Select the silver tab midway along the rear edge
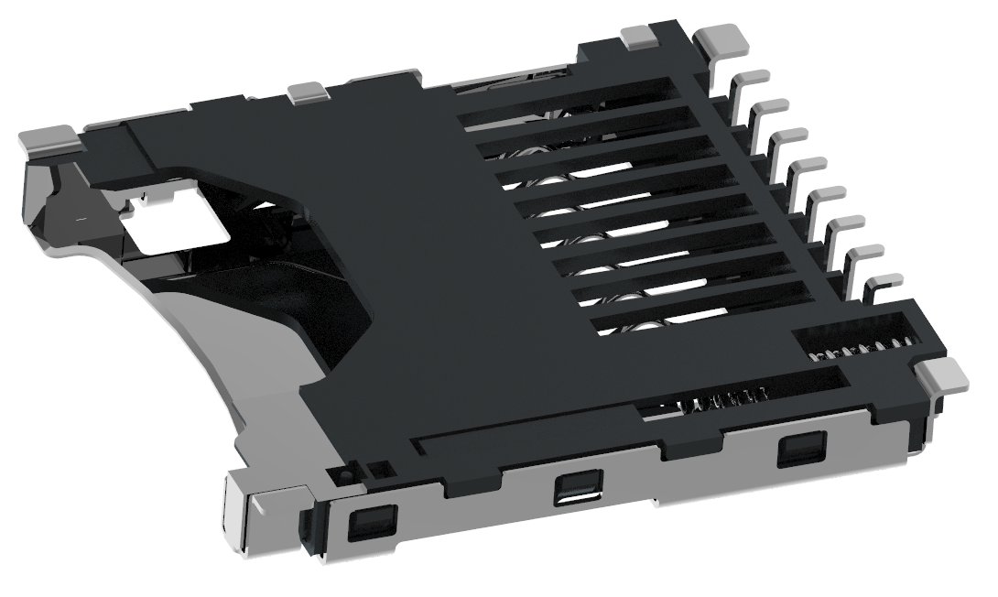(x=308, y=91)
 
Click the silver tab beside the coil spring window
(x=942, y=375)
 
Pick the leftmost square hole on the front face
(x=372, y=523)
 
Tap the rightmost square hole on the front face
(x=798, y=451)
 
